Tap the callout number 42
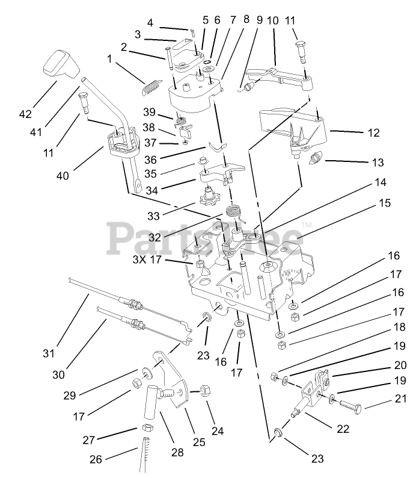coord(25,114)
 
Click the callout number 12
coord(373,133)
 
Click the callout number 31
coord(48,352)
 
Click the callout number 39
coord(150,112)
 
